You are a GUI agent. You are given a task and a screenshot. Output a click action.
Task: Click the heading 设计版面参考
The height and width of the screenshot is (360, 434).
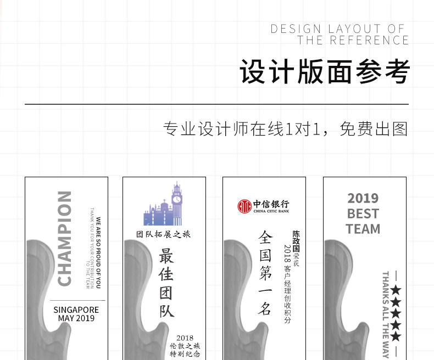324,72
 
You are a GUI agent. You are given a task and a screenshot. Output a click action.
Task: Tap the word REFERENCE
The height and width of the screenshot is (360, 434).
369,41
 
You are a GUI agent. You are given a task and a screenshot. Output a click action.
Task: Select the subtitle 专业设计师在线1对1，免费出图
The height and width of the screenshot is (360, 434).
286,130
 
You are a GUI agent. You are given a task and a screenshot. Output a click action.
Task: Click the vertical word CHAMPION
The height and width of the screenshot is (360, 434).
65,239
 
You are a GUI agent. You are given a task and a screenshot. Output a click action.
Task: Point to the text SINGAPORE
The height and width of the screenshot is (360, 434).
76,310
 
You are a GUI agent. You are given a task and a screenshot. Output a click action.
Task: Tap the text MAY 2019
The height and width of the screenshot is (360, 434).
76,318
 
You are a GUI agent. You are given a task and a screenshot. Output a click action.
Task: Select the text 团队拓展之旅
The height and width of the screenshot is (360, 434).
164,234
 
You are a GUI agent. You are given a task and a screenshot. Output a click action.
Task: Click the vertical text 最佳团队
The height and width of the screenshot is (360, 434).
166,283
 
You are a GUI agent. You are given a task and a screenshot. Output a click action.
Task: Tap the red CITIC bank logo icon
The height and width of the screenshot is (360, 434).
244,206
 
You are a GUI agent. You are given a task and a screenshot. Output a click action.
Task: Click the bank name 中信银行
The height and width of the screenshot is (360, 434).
271,204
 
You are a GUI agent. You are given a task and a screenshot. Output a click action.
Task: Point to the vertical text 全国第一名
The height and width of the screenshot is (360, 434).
265,272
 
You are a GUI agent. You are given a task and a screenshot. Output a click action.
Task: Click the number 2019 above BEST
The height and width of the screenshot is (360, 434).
363,198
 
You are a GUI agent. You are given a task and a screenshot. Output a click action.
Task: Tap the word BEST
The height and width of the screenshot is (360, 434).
363,213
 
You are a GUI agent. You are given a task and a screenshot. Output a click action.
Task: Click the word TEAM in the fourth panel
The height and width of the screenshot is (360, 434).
363,228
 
